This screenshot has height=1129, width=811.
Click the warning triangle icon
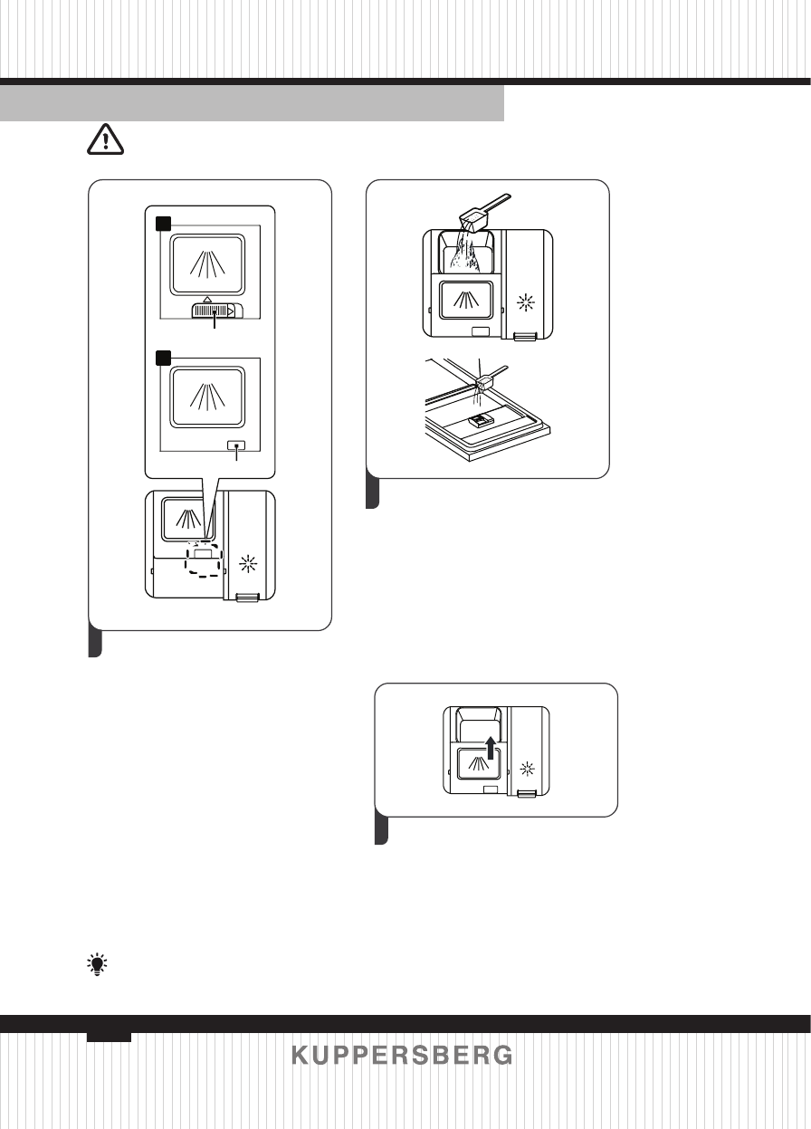(x=105, y=139)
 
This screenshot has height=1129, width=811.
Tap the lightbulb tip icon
(x=97, y=964)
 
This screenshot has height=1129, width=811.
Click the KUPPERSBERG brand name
(x=402, y=1056)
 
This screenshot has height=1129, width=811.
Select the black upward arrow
(x=491, y=748)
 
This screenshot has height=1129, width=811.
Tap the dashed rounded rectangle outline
(x=203, y=559)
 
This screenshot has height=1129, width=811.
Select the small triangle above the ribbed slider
(x=207, y=300)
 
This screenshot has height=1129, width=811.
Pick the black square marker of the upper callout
(x=163, y=224)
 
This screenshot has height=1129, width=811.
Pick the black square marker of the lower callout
(x=163, y=358)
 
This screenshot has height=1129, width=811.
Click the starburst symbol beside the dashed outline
(x=247, y=563)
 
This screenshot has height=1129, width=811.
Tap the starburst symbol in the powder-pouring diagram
(x=526, y=302)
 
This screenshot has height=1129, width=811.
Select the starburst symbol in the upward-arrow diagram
(x=527, y=769)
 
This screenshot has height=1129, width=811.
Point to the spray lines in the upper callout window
(x=207, y=264)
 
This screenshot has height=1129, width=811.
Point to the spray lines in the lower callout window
(x=207, y=397)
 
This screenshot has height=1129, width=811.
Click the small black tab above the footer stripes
(x=109, y=1037)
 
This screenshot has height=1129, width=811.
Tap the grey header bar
(x=252, y=103)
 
